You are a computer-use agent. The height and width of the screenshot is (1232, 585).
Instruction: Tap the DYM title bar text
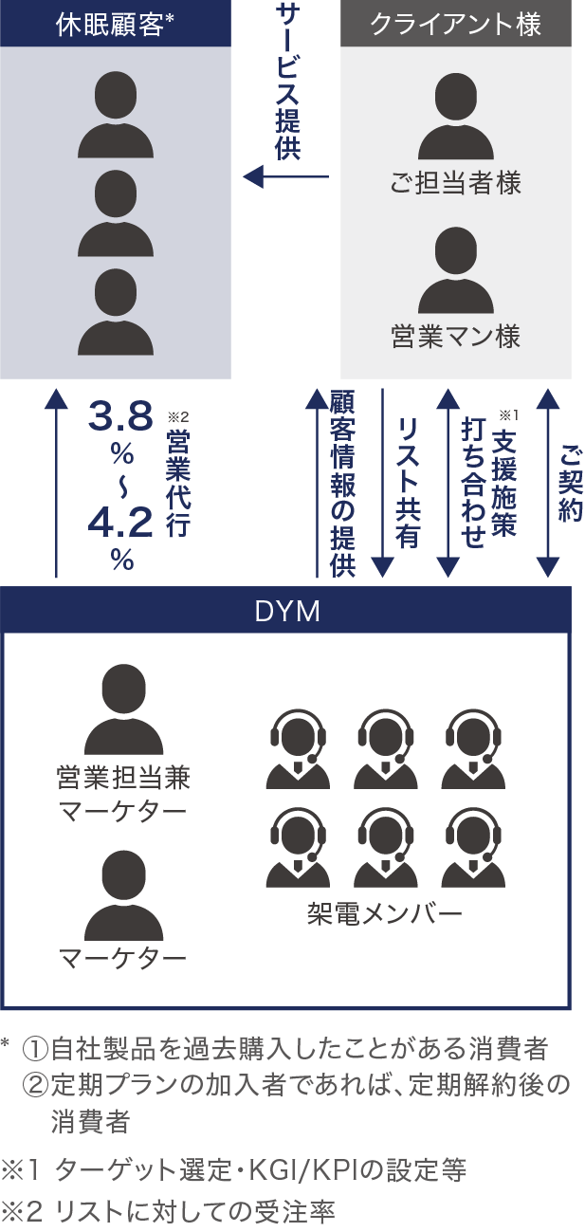(x=287, y=612)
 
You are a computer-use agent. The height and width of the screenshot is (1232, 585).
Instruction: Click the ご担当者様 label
(x=456, y=183)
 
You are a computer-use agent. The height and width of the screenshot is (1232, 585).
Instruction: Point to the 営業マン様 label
(x=456, y=337)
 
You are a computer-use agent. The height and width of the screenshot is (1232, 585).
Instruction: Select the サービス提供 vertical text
(x=287, y=81)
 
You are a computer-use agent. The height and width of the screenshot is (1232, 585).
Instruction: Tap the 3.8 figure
(x=120, y=416)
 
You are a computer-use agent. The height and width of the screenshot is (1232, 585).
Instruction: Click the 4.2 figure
(x=120, y=523)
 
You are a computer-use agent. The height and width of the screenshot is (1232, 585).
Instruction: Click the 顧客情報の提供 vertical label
(x=341, y=484)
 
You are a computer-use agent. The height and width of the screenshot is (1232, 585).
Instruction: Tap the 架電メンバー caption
(x=384, y=914)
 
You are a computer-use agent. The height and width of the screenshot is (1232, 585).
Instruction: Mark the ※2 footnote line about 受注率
(x=169, y=1211)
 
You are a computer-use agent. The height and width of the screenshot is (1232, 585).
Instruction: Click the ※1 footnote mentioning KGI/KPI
(x=234, y=1171)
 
